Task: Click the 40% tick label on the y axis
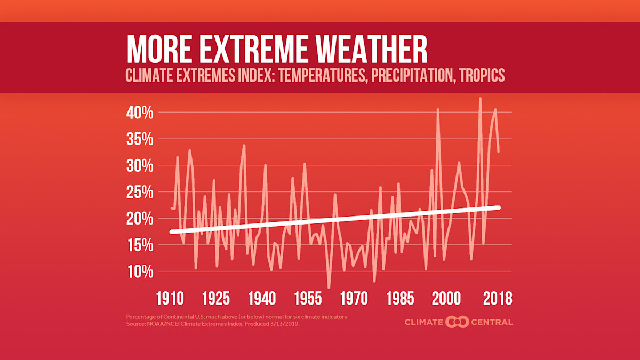pyautogui.click(x=140, y=113)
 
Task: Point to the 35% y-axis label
pyautogui.click(x=140, y=140)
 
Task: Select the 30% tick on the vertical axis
pyautogui.click(x=140, y=166)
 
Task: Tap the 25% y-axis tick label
pyautogui.click(x=140, y=193)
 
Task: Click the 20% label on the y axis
pyautogui.click(x=140, y=219)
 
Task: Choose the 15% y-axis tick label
pyautogui.click(x=140, y=245)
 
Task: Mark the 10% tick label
pyautogui.click(x=140, y=272)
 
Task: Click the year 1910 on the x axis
pyautogui.click(x=171, y=298)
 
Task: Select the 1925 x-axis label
pyautogui.click(x=217, y=298)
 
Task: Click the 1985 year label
pyautogui.click(x=400, y=298)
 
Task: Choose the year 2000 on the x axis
pyautogui.click(x=446, y=298)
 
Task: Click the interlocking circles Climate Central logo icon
pyautogui.click(x=457, y=322)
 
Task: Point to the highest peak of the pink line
pyautogui.click(x=480, y=99)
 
